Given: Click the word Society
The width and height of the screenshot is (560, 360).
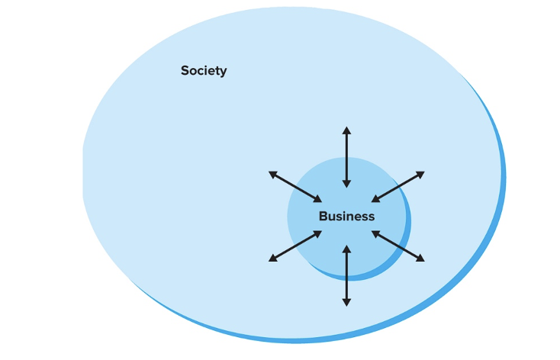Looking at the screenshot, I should pyautogui.click(x=204, y=71).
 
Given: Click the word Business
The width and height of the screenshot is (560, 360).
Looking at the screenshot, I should pyautogui.click(x=346, y=216).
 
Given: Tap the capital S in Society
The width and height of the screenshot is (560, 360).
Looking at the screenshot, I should pyautogui.click(x=185, y=71).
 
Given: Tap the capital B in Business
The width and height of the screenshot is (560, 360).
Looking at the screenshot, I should pyautogui.click(x=323, y=216).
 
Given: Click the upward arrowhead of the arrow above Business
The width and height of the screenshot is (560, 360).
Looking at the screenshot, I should pyautogui.click(x=346, y=130).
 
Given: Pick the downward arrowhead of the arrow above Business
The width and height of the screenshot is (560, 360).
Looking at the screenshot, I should pyautogui.click(x=346, y=184).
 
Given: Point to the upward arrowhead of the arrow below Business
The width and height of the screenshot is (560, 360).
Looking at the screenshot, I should pyautogui.click(x=346, y=249).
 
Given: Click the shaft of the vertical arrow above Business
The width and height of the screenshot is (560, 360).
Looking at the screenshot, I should pyautogui.click(x=346, y=157).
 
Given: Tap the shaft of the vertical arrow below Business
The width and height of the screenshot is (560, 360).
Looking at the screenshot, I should pyautogui.click(x=346, y=275).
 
